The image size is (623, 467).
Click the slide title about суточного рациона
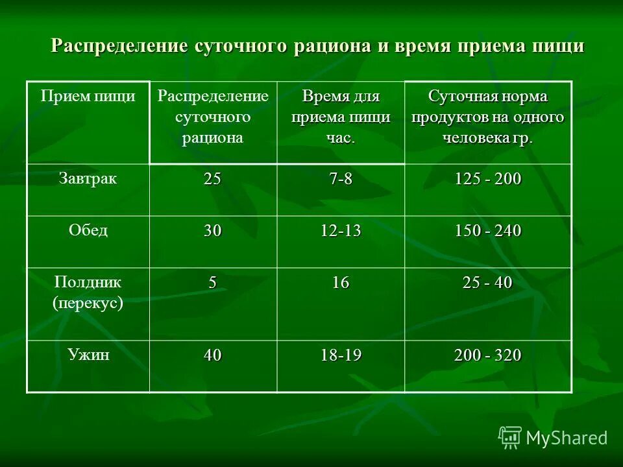pyautogui.click(x=318, y=47)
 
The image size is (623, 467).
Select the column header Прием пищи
pyautogui.click(x=88, y=97)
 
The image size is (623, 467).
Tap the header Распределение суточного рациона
pyautogui.click(x=214, y=117)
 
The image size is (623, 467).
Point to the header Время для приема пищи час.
pyautogui.click(x=341, y=117)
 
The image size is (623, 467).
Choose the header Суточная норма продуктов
pyautogui.click(x=487, y=117)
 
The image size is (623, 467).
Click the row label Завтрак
pyautogui.click(x=88, y=179)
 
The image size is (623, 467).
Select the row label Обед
pyautogui.click(x=88, y=231)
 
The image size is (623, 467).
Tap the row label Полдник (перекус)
pyautogui.click(x=88, y=293)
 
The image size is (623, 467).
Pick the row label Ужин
pyautogui.click(x=88, y=355)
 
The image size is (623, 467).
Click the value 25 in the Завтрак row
pyautogui.click(x=212, y=180)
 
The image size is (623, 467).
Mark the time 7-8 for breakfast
pyautogui.click(x=341, y=180)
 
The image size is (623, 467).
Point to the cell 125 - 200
pyautogui.click(x=487, y=180)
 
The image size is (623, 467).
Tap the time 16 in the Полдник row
pyautogui.click(x=341, y=283)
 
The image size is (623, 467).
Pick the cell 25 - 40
pyautogui.click(x=487, y=283)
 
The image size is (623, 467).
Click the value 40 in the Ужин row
pyautogui.click(x=212, y=355)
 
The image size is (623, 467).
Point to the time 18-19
pyautogui.click(x=341, y=355)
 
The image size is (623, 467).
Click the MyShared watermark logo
pyautogui.click(x=553, y=437)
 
